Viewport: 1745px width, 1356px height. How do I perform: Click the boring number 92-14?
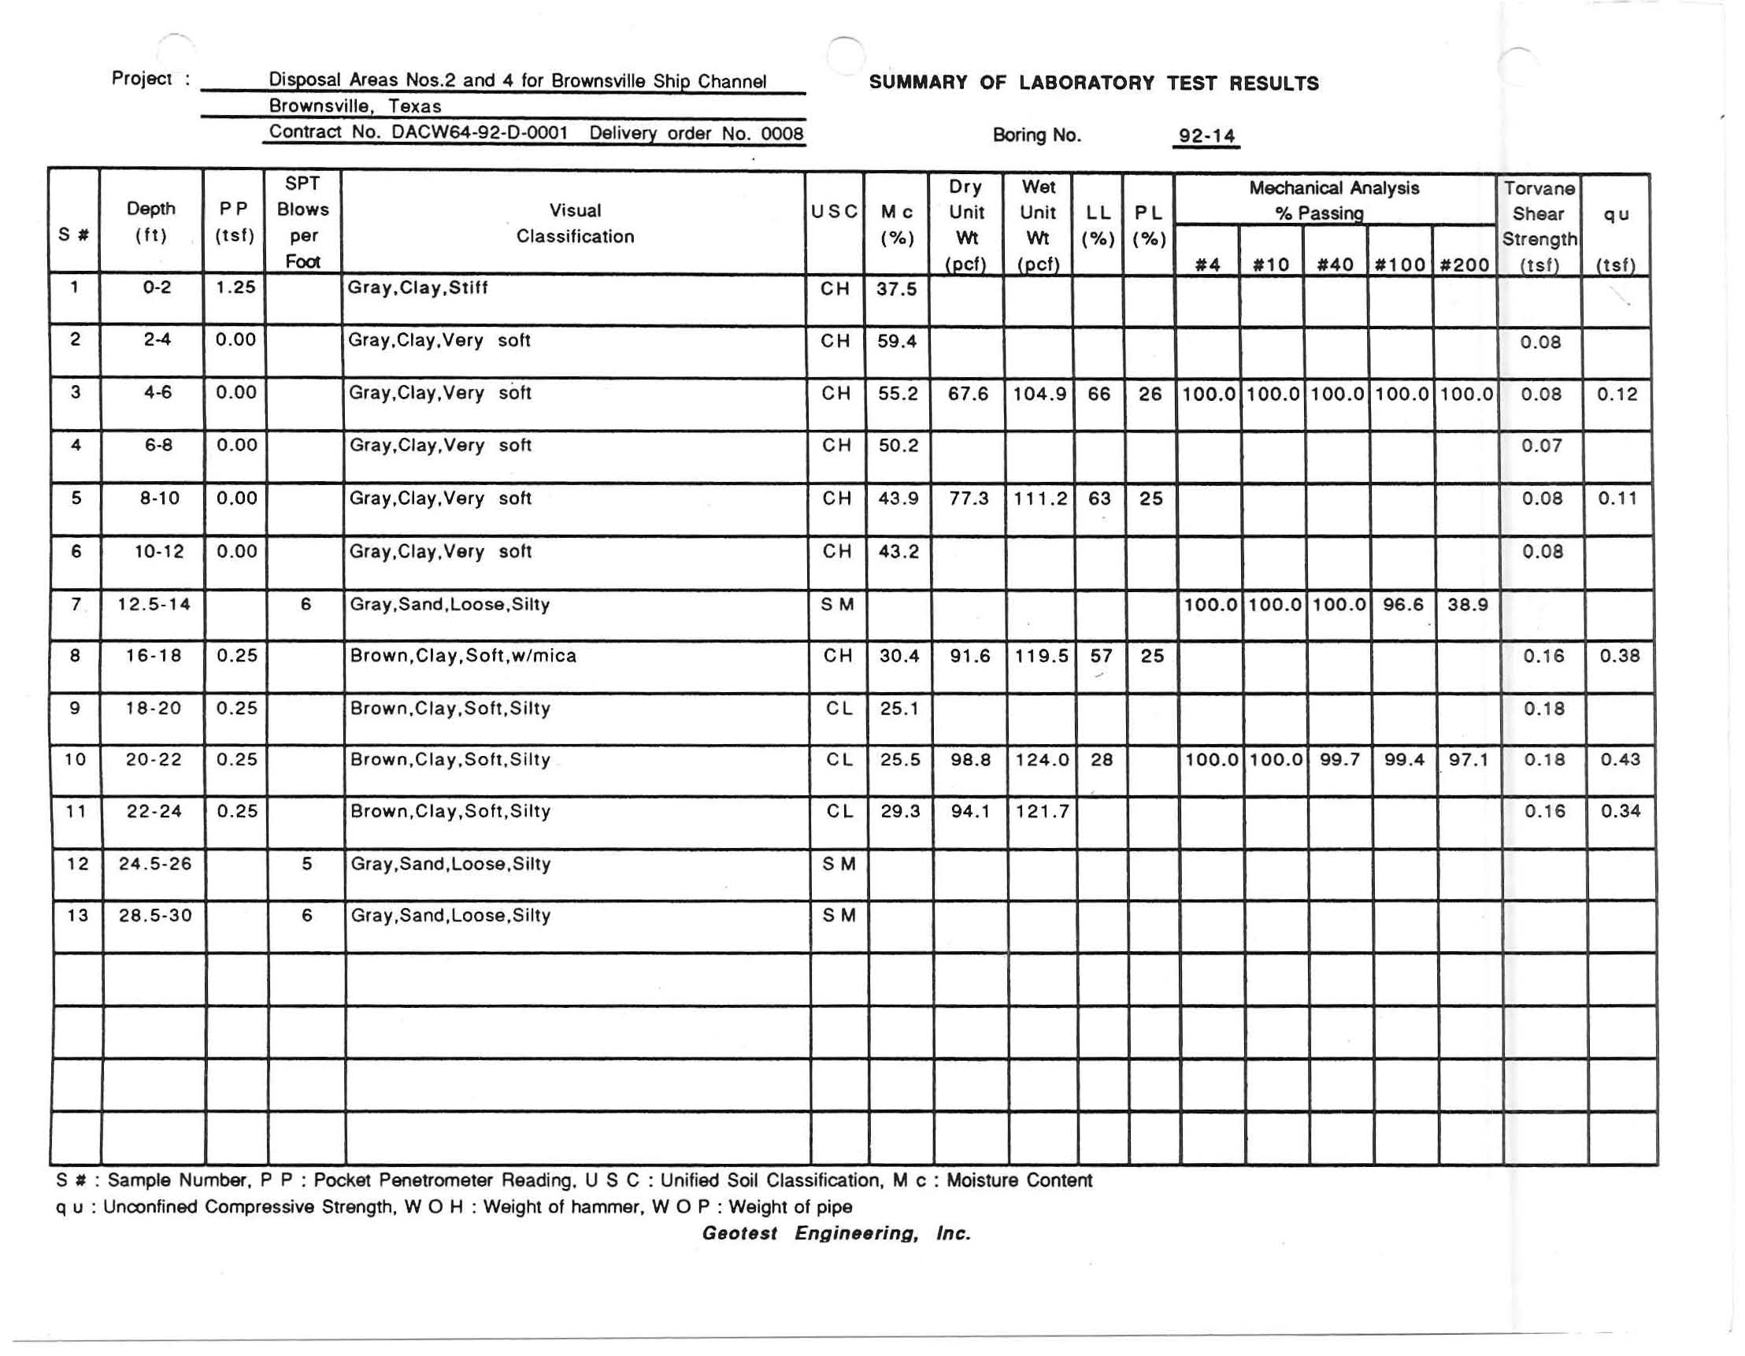pos(1206,136)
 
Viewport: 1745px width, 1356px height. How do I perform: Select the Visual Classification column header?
pos(575,223)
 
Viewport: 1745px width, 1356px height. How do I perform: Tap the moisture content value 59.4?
pos(896,341)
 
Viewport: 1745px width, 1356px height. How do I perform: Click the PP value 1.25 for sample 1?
pos(235,287)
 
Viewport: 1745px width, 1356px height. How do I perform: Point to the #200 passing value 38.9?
pos(1467,604)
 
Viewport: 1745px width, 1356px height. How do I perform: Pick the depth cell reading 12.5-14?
pos(154,604)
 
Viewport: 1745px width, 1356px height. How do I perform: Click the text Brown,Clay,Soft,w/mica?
pos(463,655)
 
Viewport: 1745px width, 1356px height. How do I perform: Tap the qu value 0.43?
pos(1620,759)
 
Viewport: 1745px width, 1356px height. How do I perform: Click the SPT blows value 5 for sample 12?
pos(306,864)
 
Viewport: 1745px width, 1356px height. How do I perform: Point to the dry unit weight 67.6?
pos(968,394)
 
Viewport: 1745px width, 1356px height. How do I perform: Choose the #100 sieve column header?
pos(1400,265)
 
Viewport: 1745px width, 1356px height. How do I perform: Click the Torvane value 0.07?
pos(1541,446)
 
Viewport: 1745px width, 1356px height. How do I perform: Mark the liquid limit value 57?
pos(1101,656)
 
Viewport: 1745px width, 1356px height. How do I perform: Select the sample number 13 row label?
pos(77,915)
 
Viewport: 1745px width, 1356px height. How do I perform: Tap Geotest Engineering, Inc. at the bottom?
pos(835,1233)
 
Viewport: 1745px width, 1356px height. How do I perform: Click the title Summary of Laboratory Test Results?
pos(1094,83)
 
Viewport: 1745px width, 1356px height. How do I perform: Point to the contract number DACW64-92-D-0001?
pos(480,132)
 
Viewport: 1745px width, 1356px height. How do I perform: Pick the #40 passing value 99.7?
pos(1339,759)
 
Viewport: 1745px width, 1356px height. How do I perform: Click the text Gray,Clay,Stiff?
pos(418,287)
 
